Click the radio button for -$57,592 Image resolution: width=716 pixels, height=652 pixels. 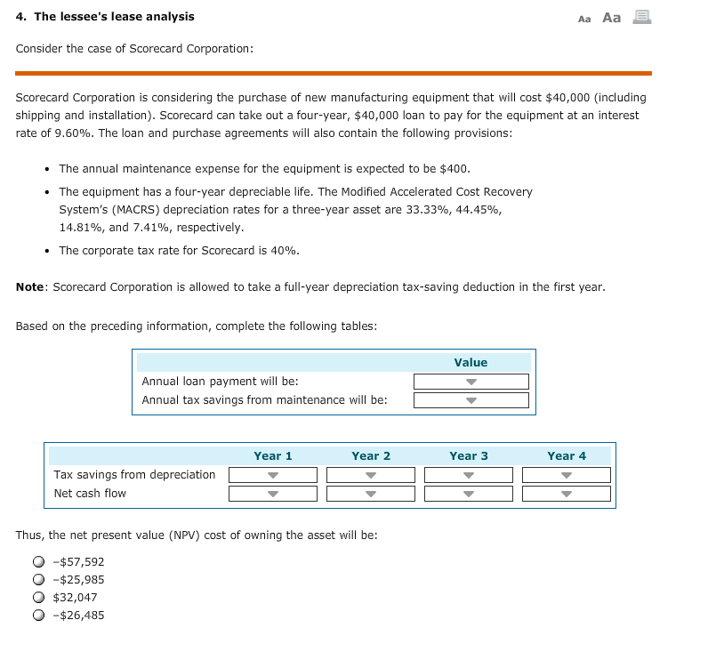[38, 562]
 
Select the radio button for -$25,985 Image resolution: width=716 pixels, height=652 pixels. [38, 580]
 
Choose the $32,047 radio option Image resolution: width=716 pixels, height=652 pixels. [38, 598]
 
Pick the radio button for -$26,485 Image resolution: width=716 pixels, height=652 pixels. [38, 616]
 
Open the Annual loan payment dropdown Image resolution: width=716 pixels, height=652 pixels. [471, 382]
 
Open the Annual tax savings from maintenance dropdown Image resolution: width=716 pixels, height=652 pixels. [471, 400]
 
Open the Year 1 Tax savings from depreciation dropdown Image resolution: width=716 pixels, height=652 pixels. [273, 475]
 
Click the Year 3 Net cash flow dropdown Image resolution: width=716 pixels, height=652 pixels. [469, 494]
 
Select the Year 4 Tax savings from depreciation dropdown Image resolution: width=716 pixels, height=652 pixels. [567, 475]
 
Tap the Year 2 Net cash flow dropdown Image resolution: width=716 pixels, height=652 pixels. [371, 494]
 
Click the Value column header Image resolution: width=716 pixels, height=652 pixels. [471, 362]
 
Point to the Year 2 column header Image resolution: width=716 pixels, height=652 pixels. [371, 455]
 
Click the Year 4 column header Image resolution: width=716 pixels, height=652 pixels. [567, 455]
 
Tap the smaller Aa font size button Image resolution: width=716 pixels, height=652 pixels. [584, 19]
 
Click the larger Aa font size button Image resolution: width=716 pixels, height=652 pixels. [612, 17]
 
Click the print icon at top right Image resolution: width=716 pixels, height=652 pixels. [641, 17]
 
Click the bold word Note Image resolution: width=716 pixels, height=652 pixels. [31, 287]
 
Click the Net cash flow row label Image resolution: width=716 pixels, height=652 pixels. [90, 494]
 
